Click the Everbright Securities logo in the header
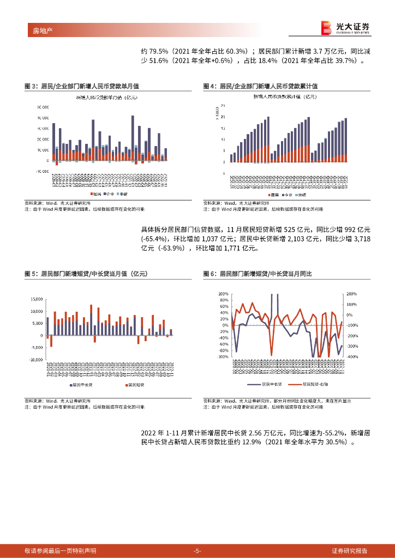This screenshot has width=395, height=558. tap(345, 28)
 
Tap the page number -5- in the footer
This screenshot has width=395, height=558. tap(197, 550)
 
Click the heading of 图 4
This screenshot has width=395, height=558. tap(261, 86)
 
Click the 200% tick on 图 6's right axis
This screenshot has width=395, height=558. tap(351, 294)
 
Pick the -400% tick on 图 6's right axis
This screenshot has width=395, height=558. tap(351, 357)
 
